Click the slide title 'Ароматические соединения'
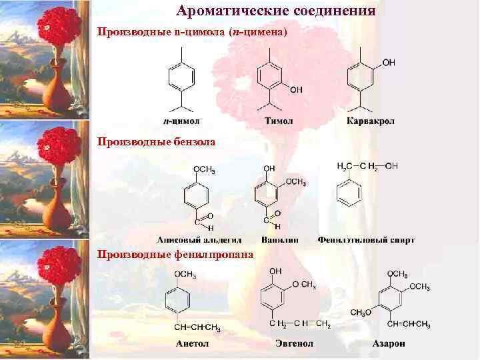pos(276,11)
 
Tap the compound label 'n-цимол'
pos(181,121)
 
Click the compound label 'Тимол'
pos(279,121)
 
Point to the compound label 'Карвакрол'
pos(371,121)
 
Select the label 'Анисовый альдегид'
pos(199,239)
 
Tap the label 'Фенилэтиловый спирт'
pos(366,239)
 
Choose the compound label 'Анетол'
pos(192,343)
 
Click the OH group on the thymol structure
pos(296,89)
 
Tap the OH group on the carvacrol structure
pos(389,63)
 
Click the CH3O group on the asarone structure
pos(361,313)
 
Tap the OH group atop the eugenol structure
pos(275,271)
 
